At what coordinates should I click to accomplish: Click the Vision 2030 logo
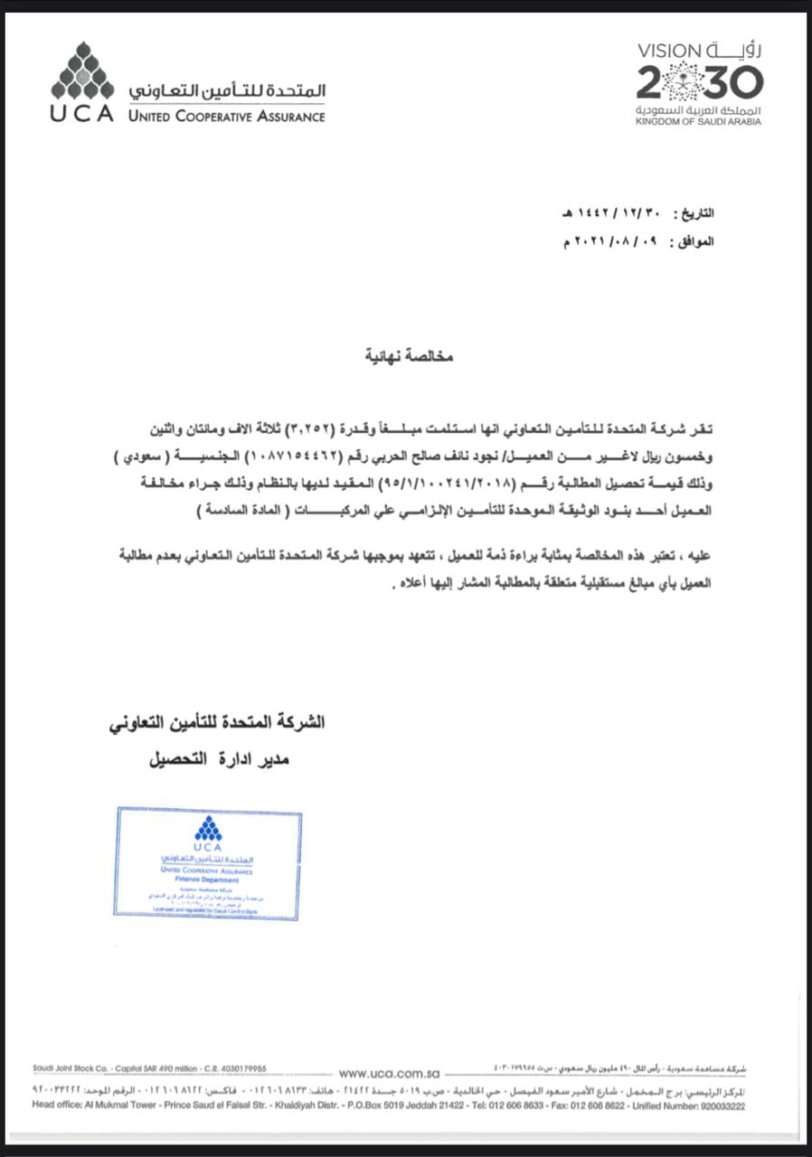click(x=699, y=82)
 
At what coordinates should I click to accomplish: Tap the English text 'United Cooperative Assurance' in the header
click(x=226, y=117)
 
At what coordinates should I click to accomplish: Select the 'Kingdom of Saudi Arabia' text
click(x=697, y=121)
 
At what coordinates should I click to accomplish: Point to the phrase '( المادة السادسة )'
click(x=240, y=511)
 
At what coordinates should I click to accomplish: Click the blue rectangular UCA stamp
click(x=207, y=862)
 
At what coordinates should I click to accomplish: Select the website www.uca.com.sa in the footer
click(x=388, y=1074)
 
